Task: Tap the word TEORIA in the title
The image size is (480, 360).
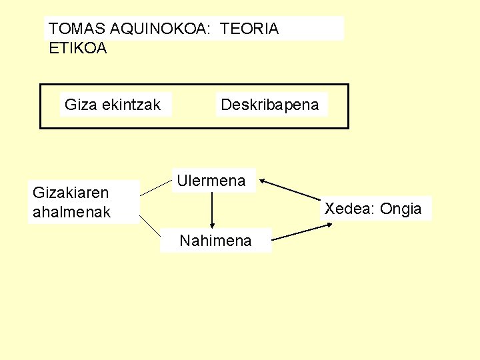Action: pyautogui.click(x=249, y=29)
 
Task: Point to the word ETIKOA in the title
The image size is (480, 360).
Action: pyautogui.click(x=78, y=48)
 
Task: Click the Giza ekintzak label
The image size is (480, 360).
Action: pyautogui.click(x=113, y=105)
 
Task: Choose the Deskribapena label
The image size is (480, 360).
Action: pyautogui.click(x=270, y=105)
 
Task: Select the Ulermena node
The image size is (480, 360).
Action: pyautogui.click(x=211, y=180)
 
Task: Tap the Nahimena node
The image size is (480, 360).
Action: pyautogui.click(x=216, y=241)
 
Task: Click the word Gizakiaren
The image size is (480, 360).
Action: pyautogui.click(x=71, y=193)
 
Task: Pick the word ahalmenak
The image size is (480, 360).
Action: pyautogui.click(x=71, y=213)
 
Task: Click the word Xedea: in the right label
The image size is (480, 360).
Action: pyautogui.click(x=350, y=209)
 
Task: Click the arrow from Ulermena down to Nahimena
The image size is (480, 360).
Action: pyautogui.click(x=211, y=210)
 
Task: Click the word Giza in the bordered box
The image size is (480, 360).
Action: pyautogui.click(x=79, y=105)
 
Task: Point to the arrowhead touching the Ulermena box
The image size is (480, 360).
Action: pyautogui.click(x=263, y=180)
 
